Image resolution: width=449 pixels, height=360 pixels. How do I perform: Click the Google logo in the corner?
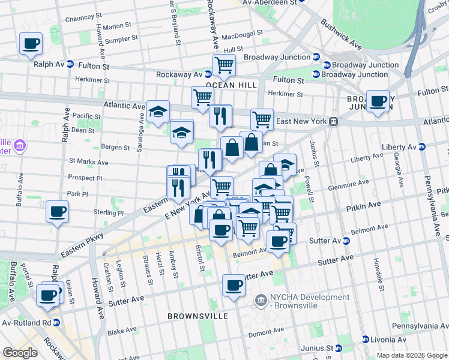pos(20,353)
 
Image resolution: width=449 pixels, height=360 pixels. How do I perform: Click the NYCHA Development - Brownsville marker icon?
pos(261,299)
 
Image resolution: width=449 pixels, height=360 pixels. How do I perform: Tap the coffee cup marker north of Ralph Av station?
pos(31,44)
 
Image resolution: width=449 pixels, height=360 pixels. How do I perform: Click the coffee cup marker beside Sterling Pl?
pos(57,212)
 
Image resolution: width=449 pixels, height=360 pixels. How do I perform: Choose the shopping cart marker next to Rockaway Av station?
pos(224,65)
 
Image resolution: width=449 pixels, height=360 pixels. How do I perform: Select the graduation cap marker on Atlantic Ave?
pos(158,112)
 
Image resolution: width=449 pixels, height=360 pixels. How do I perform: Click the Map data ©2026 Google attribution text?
pos(411,355)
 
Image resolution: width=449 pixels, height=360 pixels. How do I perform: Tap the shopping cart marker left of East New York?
pos(262,119)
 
